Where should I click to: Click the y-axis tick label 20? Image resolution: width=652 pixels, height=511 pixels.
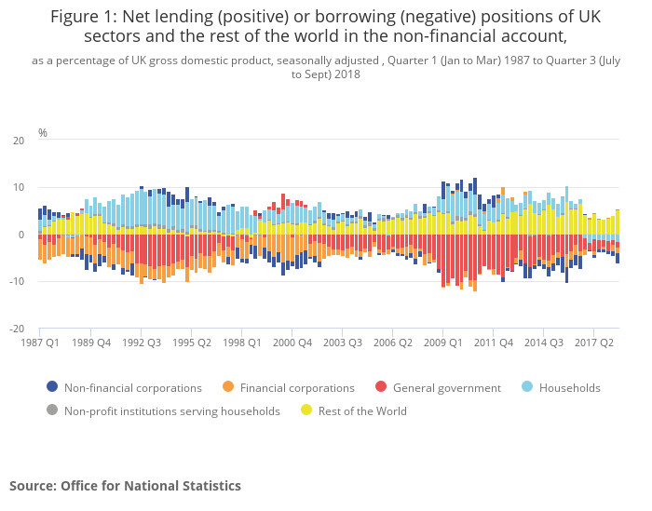point(19,141)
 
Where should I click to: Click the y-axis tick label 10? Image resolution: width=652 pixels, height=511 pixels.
point(19,188)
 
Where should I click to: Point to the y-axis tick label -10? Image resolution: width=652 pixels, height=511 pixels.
point(17,282)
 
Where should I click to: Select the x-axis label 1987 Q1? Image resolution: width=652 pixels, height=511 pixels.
point(40,343)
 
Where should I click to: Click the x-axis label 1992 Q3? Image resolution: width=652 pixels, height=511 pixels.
point(141,343)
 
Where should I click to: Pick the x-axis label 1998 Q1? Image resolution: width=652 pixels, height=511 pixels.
point(241,343)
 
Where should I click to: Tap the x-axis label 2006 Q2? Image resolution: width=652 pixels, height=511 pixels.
point(393,343)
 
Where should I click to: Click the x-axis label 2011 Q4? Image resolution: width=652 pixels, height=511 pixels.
point(494,343)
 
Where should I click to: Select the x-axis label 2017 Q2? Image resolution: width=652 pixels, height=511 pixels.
point(594,343)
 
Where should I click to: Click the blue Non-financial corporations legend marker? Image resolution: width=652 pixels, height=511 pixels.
point(52,387)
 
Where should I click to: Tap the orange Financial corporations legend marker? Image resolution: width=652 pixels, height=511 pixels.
point(228,387)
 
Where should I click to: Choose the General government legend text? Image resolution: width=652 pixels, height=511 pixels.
point(446,388)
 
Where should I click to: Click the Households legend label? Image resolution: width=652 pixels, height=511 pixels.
point(570,388)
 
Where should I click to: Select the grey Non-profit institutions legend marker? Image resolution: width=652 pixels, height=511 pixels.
point(52,410)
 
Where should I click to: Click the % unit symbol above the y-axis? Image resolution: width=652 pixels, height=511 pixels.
point(42,133)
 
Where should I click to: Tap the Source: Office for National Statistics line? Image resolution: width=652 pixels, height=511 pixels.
point(125,486)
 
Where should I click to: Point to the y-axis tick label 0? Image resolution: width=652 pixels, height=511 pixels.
point(21,235)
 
